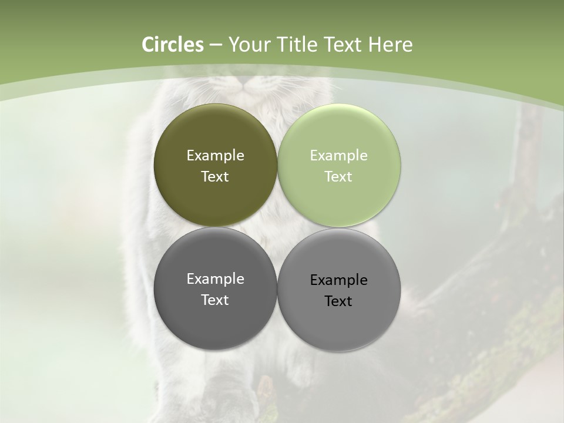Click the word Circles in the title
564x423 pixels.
[x=172, y=45]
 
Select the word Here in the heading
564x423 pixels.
[x=390, y=45]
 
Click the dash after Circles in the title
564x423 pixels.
[x=216, y=45]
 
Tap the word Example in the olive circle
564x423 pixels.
[x=215, y=156]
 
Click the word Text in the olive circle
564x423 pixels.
[x=215, y=177]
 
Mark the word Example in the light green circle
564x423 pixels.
[x=339, y=156]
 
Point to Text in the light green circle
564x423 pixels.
[x=339, y=177]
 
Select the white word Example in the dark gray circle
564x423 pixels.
[x=215, y=279]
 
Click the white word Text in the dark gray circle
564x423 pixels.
[x=215, y=300]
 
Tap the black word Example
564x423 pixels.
[x=339, y=280]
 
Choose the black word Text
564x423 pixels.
[x=339, y=301]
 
